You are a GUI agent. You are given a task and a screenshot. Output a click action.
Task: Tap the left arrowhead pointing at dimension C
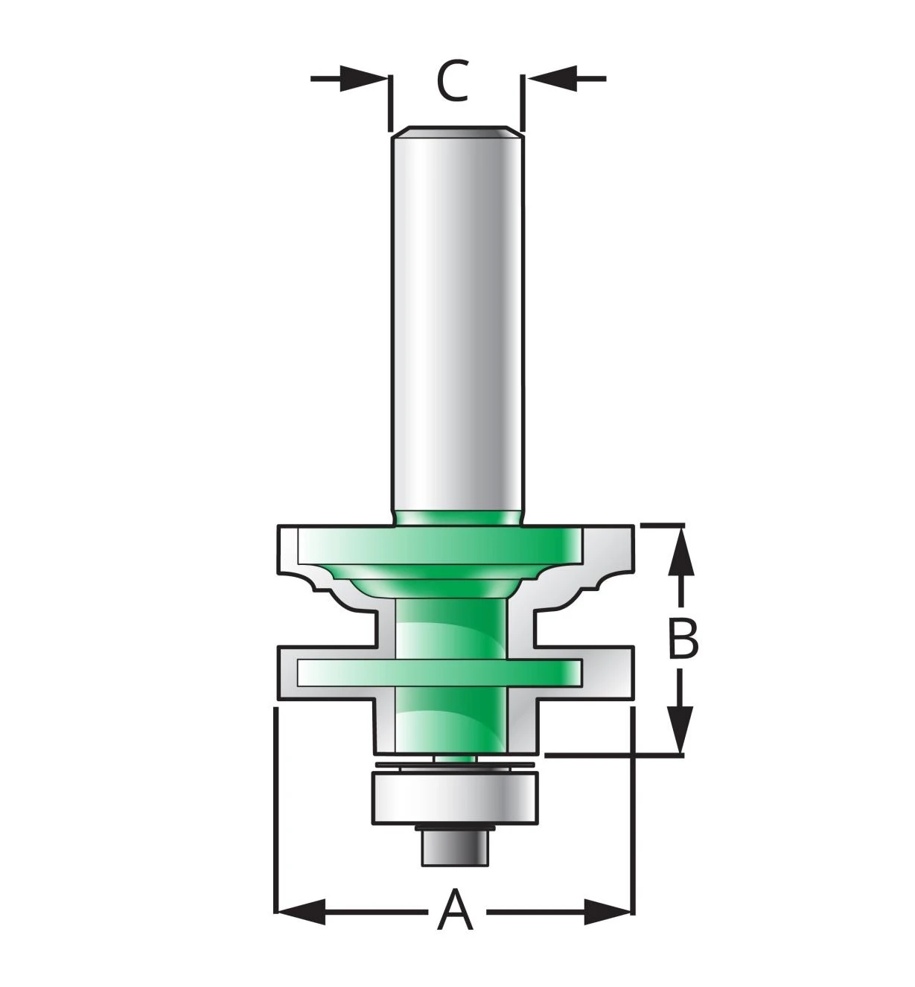[363, 78]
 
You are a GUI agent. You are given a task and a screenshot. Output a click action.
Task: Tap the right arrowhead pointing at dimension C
[552, 78]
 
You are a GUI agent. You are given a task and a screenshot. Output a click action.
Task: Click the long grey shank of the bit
[457, 323]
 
